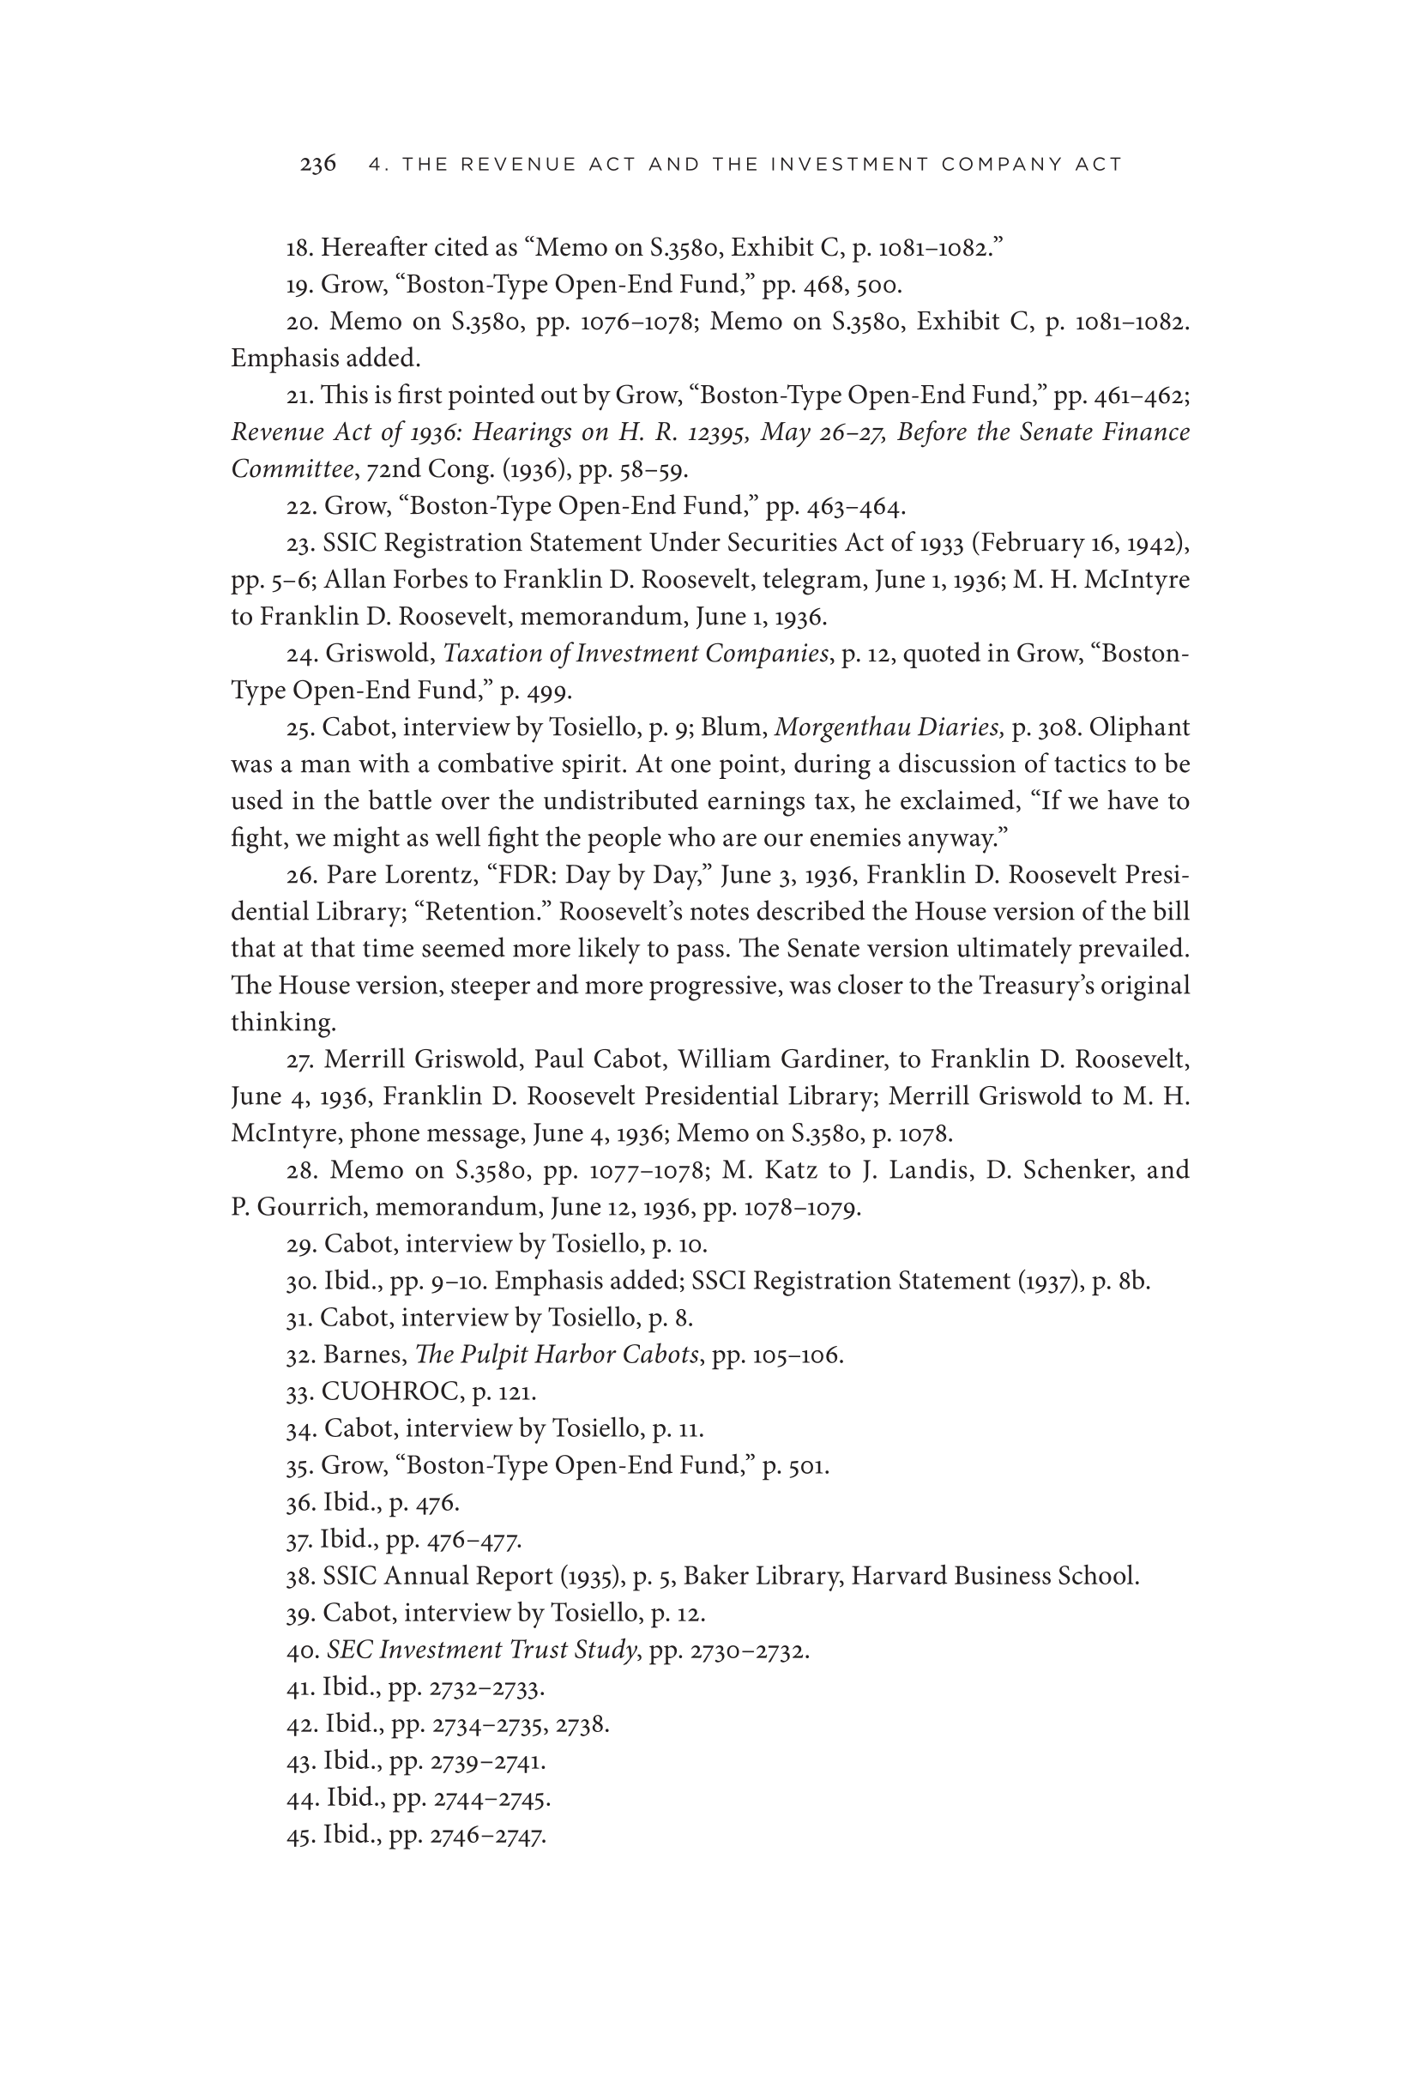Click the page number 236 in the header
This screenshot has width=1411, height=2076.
point(317,165)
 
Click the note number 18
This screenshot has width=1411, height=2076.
point(298,247)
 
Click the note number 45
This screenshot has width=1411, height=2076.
point(300,1836)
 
